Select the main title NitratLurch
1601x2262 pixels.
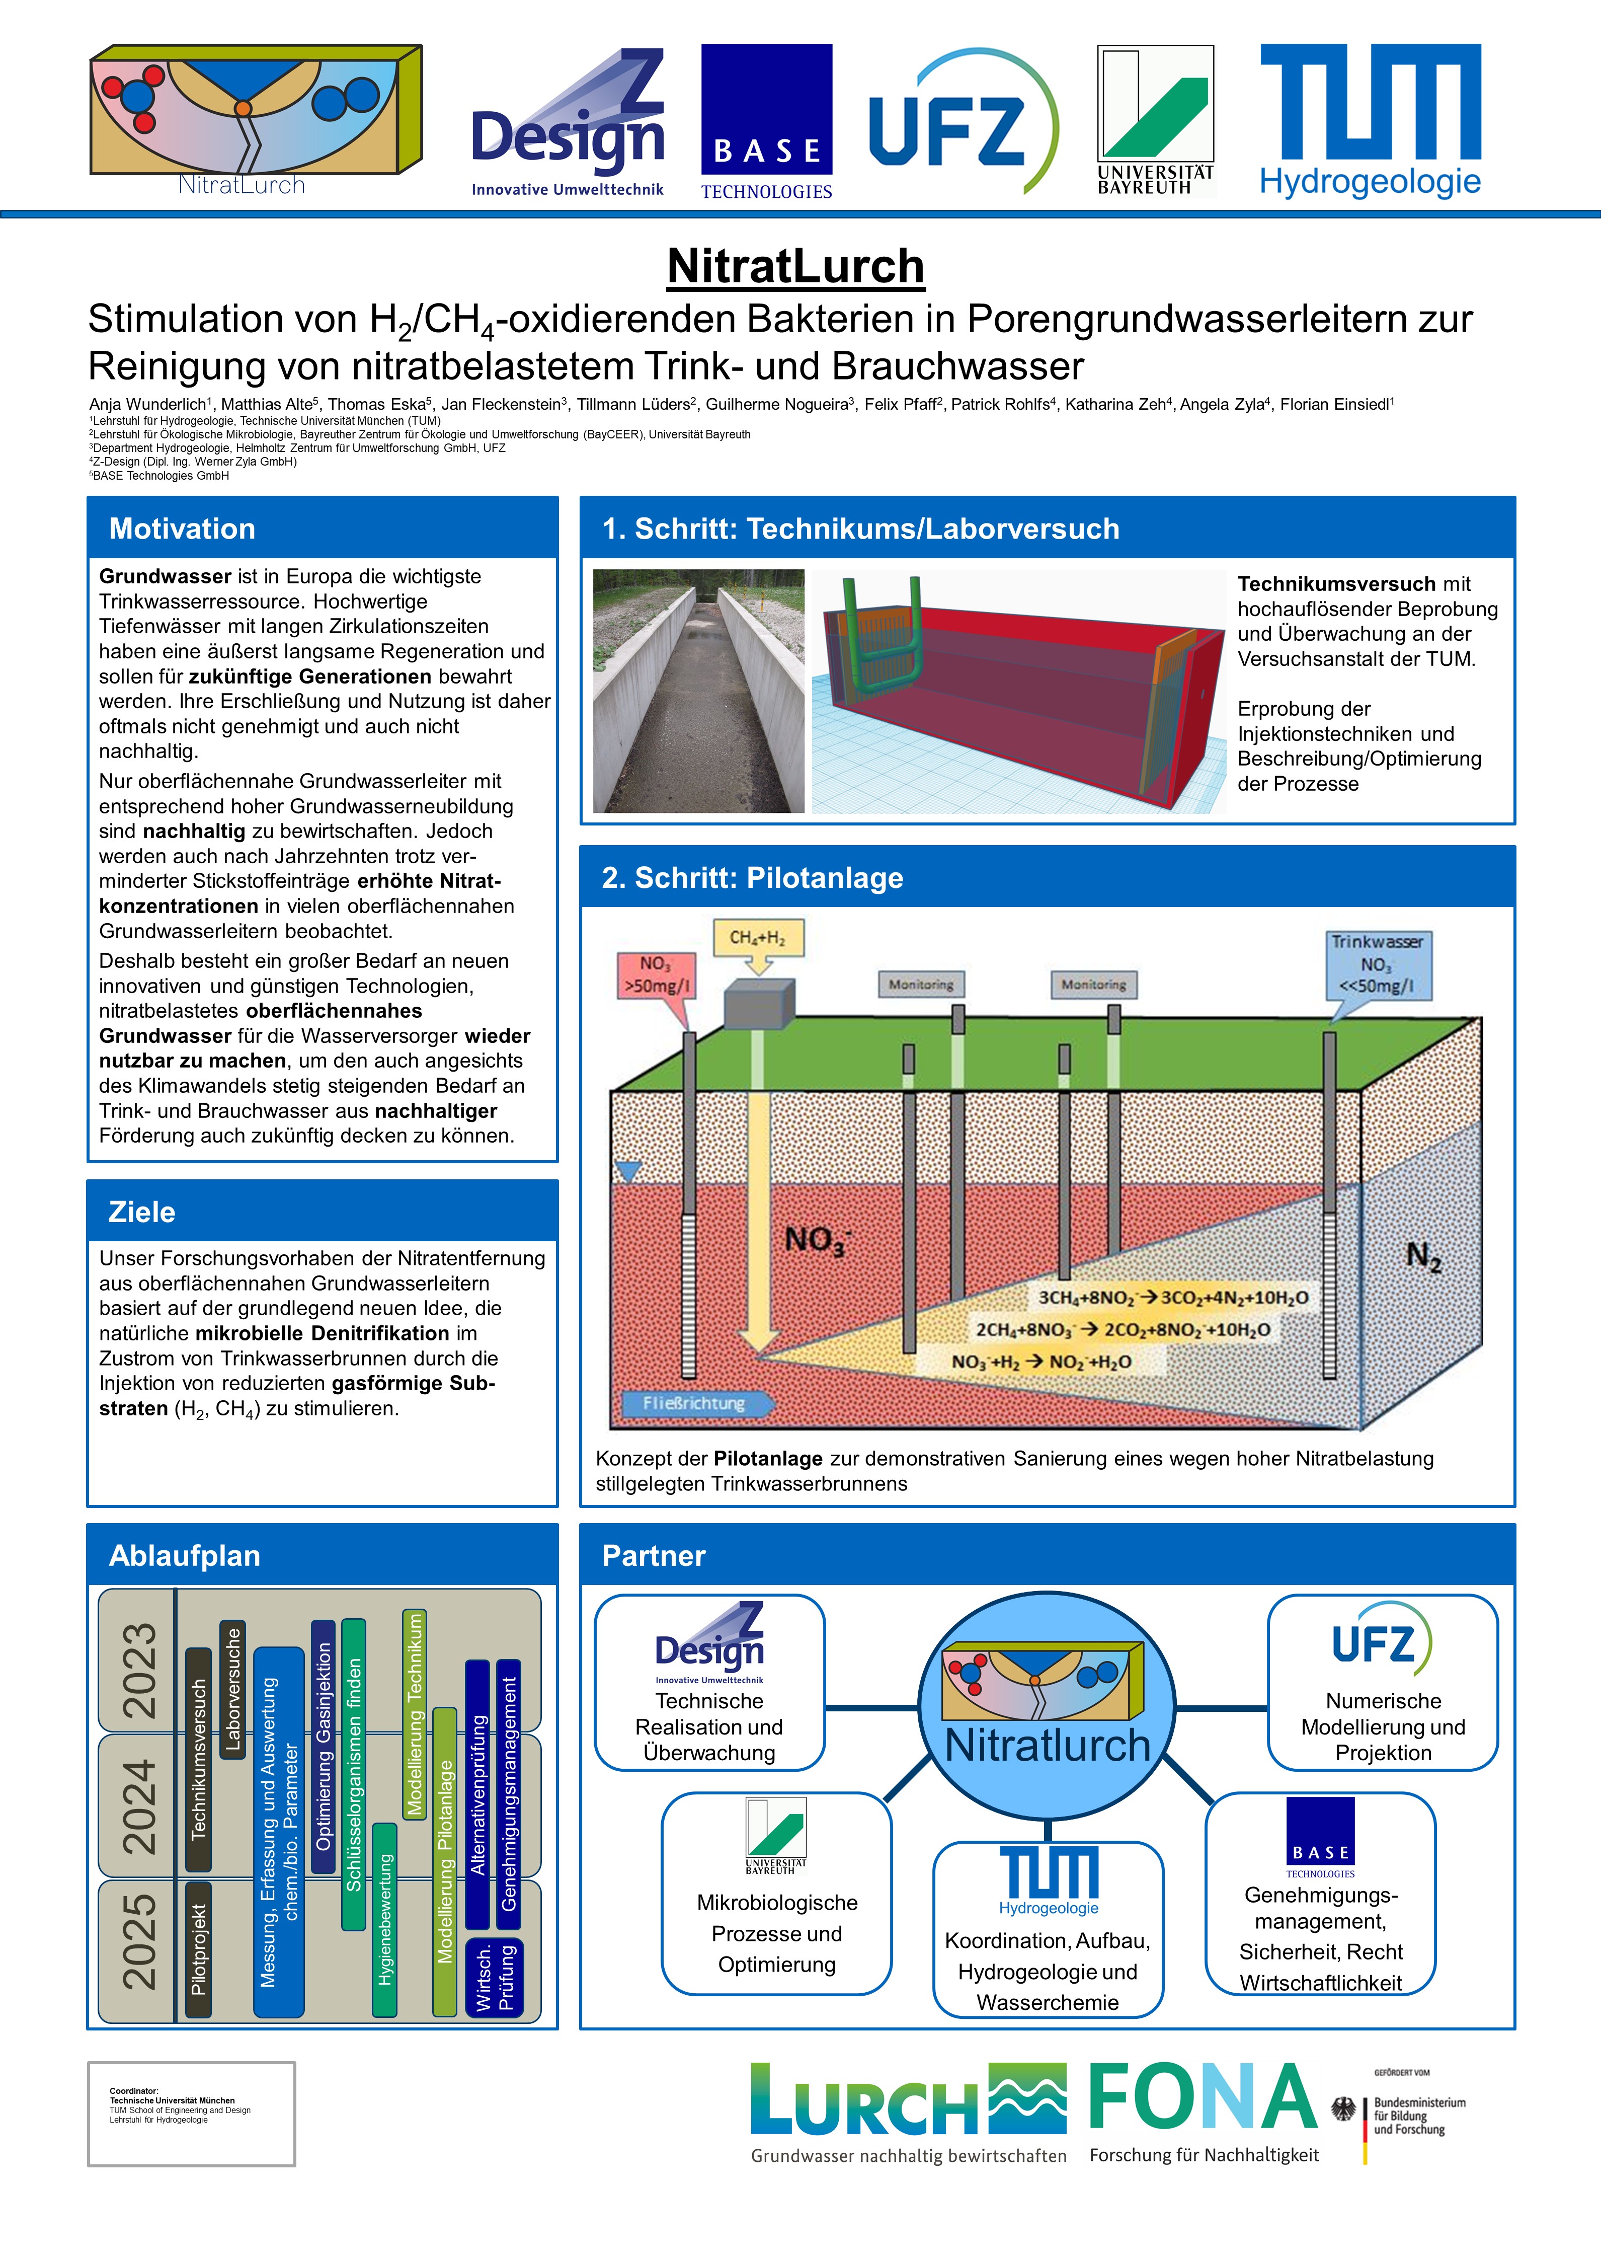coord(795,266)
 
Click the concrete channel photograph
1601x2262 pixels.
coord(698,691)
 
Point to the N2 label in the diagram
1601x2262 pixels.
coord(1422,1256)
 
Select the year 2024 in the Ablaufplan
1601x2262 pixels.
coord(139,1806)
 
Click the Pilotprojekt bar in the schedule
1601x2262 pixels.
coord(198,1949)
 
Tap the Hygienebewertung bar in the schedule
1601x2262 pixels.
coord(384,1920)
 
